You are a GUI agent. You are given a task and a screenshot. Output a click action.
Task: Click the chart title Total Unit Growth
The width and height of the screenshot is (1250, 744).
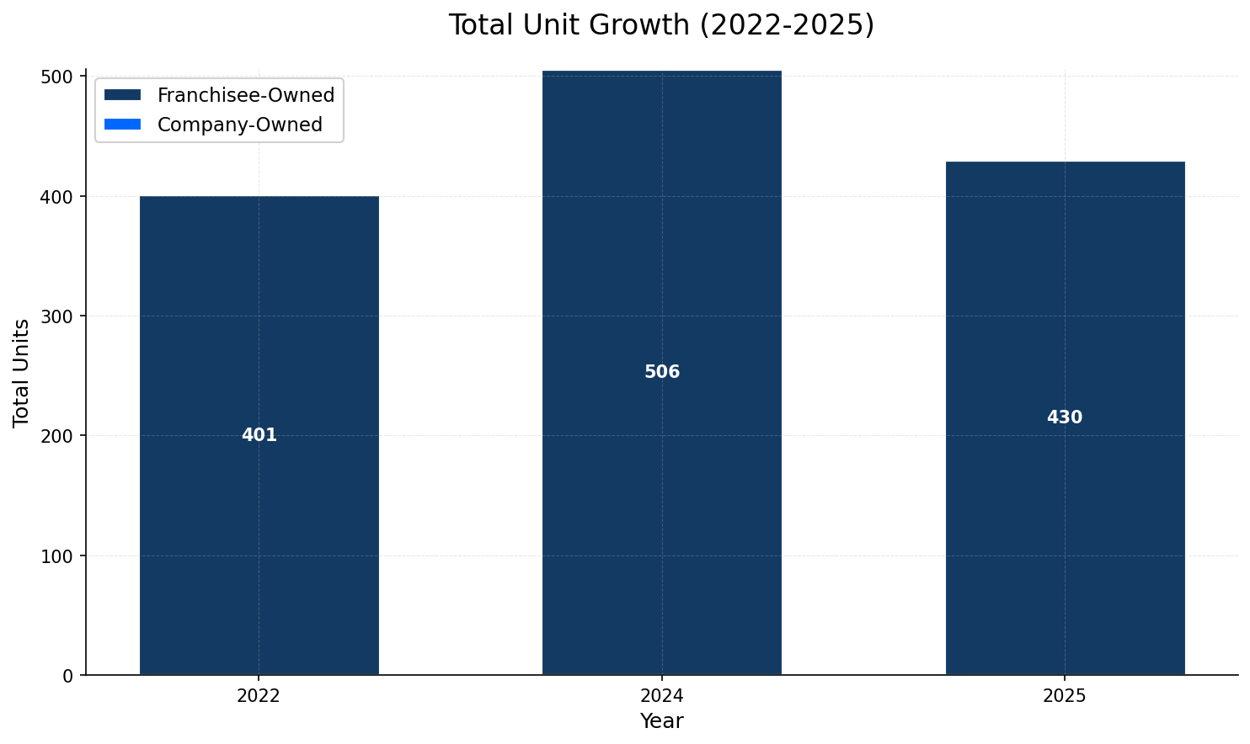click(661, 25)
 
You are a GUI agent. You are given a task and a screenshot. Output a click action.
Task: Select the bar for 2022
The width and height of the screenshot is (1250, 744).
click(259, 505)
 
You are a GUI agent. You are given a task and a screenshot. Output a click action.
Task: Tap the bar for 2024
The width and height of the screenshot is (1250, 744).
click(661, 505)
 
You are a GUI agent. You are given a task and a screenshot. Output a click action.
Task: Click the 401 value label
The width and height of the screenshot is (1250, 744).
click(259, 435)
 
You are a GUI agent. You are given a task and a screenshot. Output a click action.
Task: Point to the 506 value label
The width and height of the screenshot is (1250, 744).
click(661, 372)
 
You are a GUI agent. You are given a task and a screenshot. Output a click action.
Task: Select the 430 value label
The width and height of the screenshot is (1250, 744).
click(1065, 417)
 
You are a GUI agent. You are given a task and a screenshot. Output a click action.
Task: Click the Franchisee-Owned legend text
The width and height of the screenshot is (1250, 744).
click(246, 95)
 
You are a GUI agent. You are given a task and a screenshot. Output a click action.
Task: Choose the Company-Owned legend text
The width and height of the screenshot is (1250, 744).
click(240, 125)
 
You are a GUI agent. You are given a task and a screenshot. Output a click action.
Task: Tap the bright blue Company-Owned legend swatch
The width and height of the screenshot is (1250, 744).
click(122, 125)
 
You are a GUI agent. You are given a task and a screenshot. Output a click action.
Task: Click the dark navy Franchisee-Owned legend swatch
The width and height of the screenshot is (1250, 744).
click(122, 95)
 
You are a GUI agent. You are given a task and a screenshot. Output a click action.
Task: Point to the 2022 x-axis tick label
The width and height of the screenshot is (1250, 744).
click(259, 696)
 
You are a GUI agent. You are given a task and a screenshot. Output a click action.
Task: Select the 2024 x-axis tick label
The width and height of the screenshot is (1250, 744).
click(661, 696)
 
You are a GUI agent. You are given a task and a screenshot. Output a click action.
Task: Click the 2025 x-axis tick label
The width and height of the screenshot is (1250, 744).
click(1065, 696)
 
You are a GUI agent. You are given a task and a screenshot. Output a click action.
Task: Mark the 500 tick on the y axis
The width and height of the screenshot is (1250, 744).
click(59, 77)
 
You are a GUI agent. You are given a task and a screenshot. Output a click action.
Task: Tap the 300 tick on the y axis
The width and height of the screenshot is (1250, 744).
click(59, 316)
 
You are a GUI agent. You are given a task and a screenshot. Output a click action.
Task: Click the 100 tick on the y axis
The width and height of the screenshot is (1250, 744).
click(59, 555)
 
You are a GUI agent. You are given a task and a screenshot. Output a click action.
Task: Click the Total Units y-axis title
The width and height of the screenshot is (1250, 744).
click(22, 372)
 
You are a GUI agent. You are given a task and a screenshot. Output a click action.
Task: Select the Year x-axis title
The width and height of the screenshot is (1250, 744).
click(661, 721)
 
